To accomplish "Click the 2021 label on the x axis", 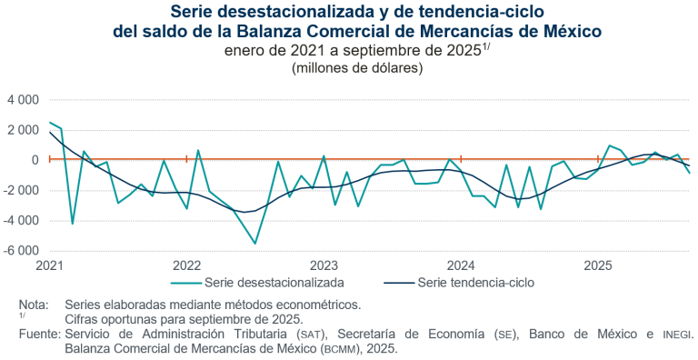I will (49, 265).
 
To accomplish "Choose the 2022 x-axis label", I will (186, 265).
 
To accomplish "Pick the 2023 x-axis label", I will (324, 265).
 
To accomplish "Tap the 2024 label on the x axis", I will (461, 265).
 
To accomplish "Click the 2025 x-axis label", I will (597, 265).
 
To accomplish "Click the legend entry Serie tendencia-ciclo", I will (475, 283).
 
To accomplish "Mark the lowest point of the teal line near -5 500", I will (255, 243).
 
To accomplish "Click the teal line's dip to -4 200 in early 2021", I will (72, 223).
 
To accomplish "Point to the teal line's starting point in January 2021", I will (50, 123).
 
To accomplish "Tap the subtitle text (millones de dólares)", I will (349, 67).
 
